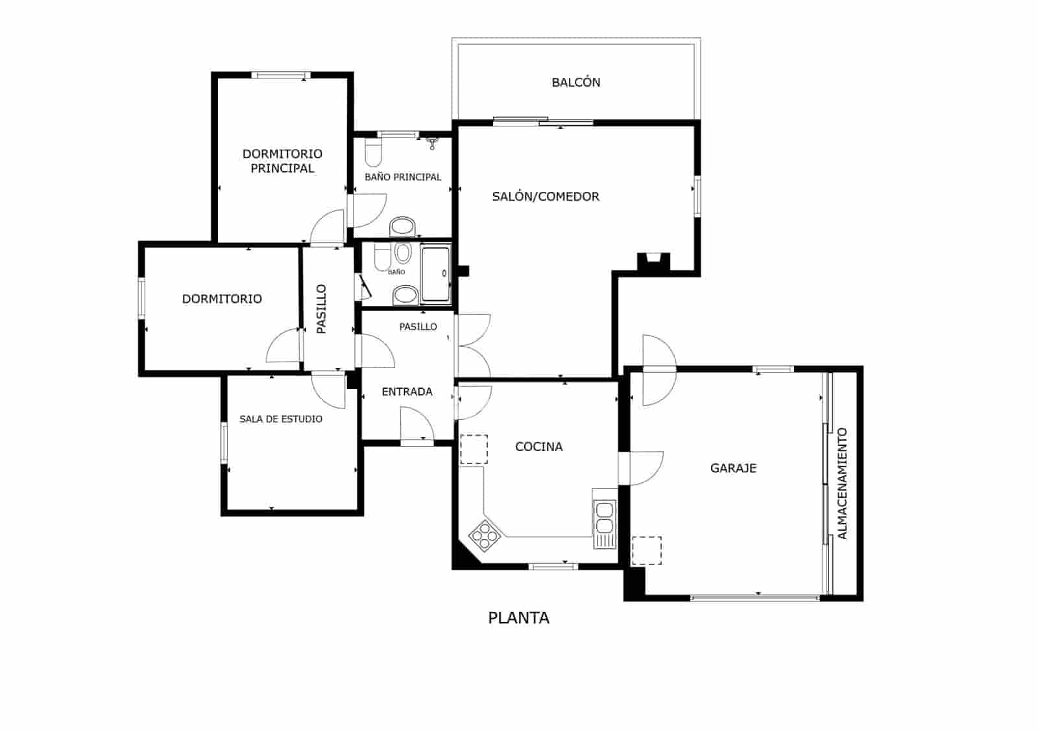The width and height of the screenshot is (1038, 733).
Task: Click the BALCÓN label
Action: click(x=575, y=82)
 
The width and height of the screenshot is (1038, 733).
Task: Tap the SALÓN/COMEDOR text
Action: click(x=546, y=196)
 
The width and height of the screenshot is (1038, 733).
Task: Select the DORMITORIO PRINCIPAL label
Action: click(x=282, y=161)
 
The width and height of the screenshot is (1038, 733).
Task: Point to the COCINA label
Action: click(x=538, y=447)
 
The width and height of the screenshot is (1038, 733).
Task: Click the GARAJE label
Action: click(x=733, y=468)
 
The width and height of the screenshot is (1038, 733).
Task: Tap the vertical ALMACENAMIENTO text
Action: click(x=842, y=483)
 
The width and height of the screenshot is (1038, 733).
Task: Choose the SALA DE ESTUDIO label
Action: click(x=280, y=419)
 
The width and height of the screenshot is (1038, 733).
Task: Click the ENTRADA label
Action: click(x=407, y=391)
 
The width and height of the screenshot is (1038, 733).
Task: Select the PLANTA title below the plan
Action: click(x=518, y=618)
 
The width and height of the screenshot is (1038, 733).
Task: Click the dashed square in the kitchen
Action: click(x=474, y=449)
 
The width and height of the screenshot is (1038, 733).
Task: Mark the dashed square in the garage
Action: click(x=646, y=550)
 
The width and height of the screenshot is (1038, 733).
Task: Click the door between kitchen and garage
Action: click(x=641, y=468)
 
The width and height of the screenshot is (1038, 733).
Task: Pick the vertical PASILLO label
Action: click(x=321, y=308)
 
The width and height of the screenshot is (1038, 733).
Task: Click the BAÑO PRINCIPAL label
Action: click(x=402, y=177)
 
